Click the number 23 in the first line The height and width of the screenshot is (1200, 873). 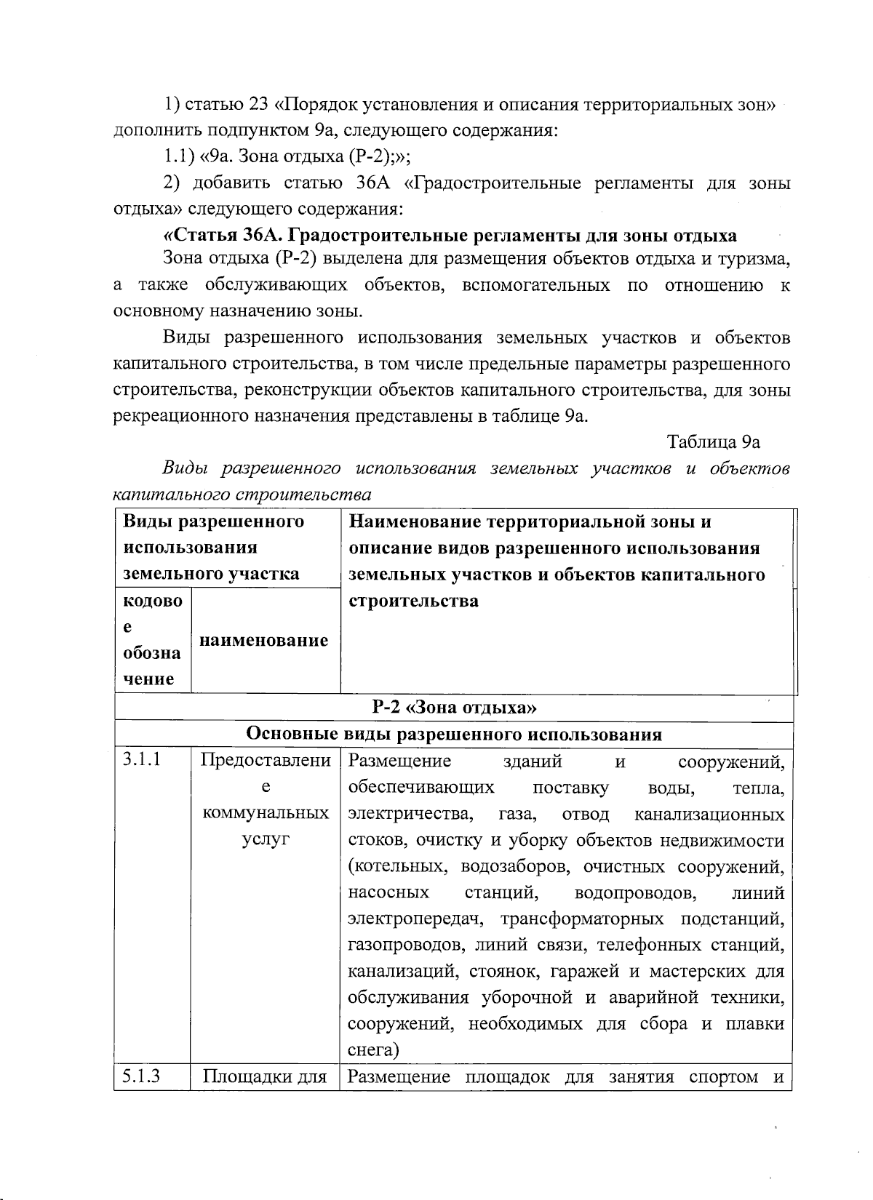click(259, 104)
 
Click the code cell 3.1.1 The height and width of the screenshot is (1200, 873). click(142, 761)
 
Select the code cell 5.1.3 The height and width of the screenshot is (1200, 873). click(142, 1076)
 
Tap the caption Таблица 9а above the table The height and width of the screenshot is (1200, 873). click(714, 442)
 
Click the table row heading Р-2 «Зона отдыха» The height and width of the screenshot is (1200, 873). click(454, 707)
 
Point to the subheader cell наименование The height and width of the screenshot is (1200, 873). click(264, 641)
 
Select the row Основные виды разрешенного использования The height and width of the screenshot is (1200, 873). click(454, 734)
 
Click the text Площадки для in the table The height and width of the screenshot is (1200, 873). click(265, 1077)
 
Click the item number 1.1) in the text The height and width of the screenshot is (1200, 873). click(178, 156)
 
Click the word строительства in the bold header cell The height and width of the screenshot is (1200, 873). click(413, 601)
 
